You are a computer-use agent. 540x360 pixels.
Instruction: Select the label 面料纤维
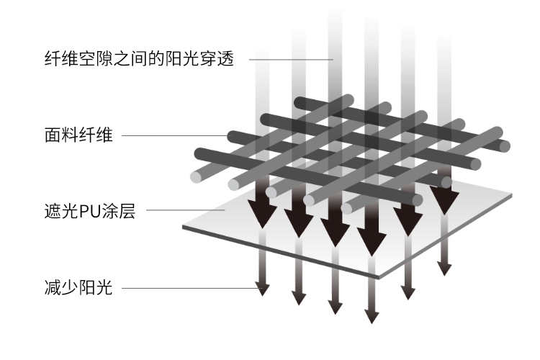(x=78, y=135)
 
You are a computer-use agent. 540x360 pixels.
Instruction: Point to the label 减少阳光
(x=78, y=288)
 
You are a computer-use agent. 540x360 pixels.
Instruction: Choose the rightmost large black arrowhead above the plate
(x=444, y=200)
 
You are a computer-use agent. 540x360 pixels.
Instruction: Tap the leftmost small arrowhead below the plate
(x=263, y=288)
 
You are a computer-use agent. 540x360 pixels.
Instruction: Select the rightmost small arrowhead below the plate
(x=445, y=268)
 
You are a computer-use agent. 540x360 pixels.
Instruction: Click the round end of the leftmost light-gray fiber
(x=196, y=176)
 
